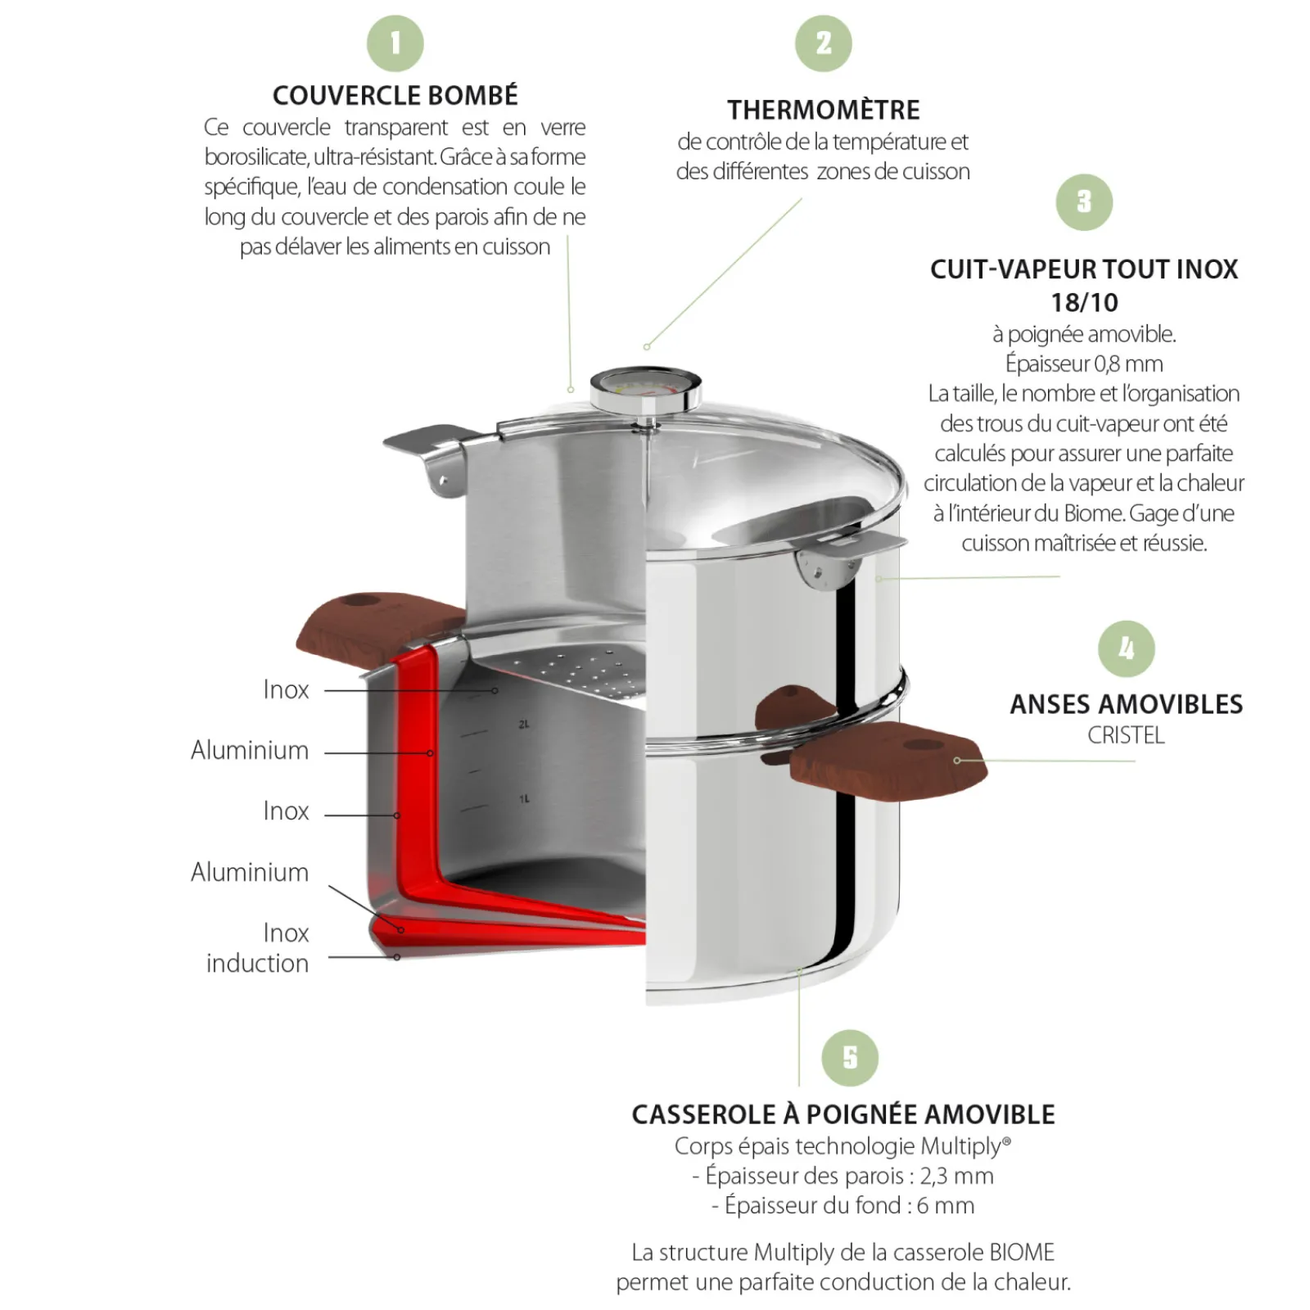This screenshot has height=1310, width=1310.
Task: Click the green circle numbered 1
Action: coord(395,43)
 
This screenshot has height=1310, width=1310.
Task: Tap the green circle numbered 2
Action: coord(823,43)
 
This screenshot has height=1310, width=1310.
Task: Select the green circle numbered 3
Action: coord(1084,202)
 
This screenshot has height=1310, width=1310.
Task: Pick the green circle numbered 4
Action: coord(1127,648)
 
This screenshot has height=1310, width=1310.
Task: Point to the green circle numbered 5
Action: coord(850,1058)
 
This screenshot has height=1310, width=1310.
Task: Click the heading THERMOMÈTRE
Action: coord(823,110)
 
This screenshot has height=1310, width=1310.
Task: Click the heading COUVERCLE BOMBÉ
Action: coord(395,96)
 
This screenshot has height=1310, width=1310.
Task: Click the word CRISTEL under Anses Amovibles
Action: coord(1126,735)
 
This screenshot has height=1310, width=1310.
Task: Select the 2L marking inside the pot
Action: coord(524,724)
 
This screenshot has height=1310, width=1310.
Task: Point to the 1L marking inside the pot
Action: coord(524,798)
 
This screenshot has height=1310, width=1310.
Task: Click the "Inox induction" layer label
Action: coord(258,947)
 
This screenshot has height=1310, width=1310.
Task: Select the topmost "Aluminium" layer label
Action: coord(250,750)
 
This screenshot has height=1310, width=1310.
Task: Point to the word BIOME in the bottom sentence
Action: coord(1021,1252)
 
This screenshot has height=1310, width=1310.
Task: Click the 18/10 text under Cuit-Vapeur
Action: coord(1084,302)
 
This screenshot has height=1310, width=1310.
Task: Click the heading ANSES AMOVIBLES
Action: coord(1126,704)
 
